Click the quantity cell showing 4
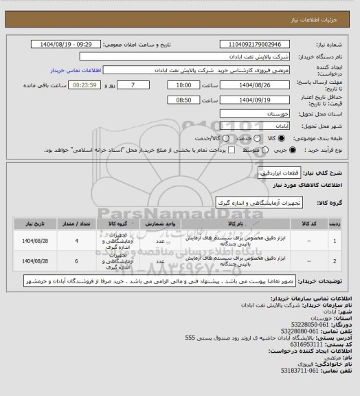pyautogui.click(x=76, y=241)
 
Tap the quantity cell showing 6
pyautogui.click(x=76, y=262)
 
